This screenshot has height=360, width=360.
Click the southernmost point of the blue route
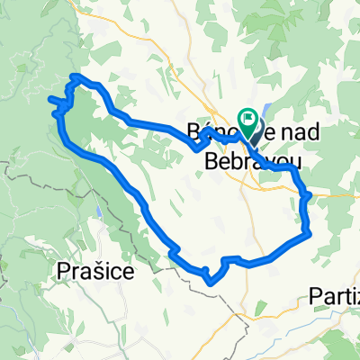click(211, 282)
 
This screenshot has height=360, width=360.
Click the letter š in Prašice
click(98, 269)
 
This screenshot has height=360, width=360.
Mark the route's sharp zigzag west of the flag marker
click(202, 144)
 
